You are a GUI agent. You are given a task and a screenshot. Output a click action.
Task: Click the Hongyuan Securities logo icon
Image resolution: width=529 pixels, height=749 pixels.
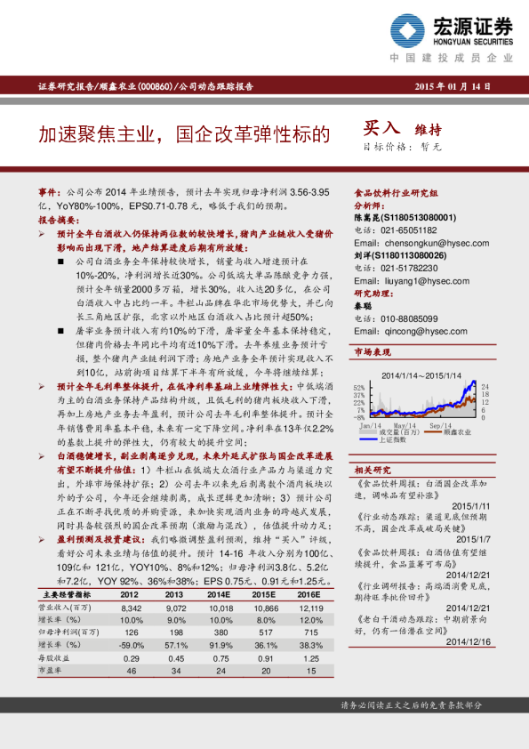(412, 33)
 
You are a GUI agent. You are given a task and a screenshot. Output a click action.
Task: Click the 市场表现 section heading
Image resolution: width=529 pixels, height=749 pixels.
(373, 352)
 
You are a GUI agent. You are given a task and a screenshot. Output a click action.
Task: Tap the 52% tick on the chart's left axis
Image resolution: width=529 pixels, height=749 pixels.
(359, 389)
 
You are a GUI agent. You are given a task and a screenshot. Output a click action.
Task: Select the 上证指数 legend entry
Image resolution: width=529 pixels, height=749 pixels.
(405, 439)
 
